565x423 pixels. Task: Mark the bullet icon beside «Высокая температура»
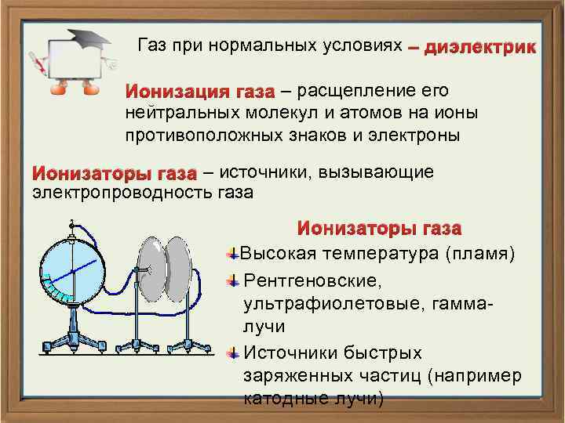coord(232,254)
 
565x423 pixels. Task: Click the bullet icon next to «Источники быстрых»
coord(232,353)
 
